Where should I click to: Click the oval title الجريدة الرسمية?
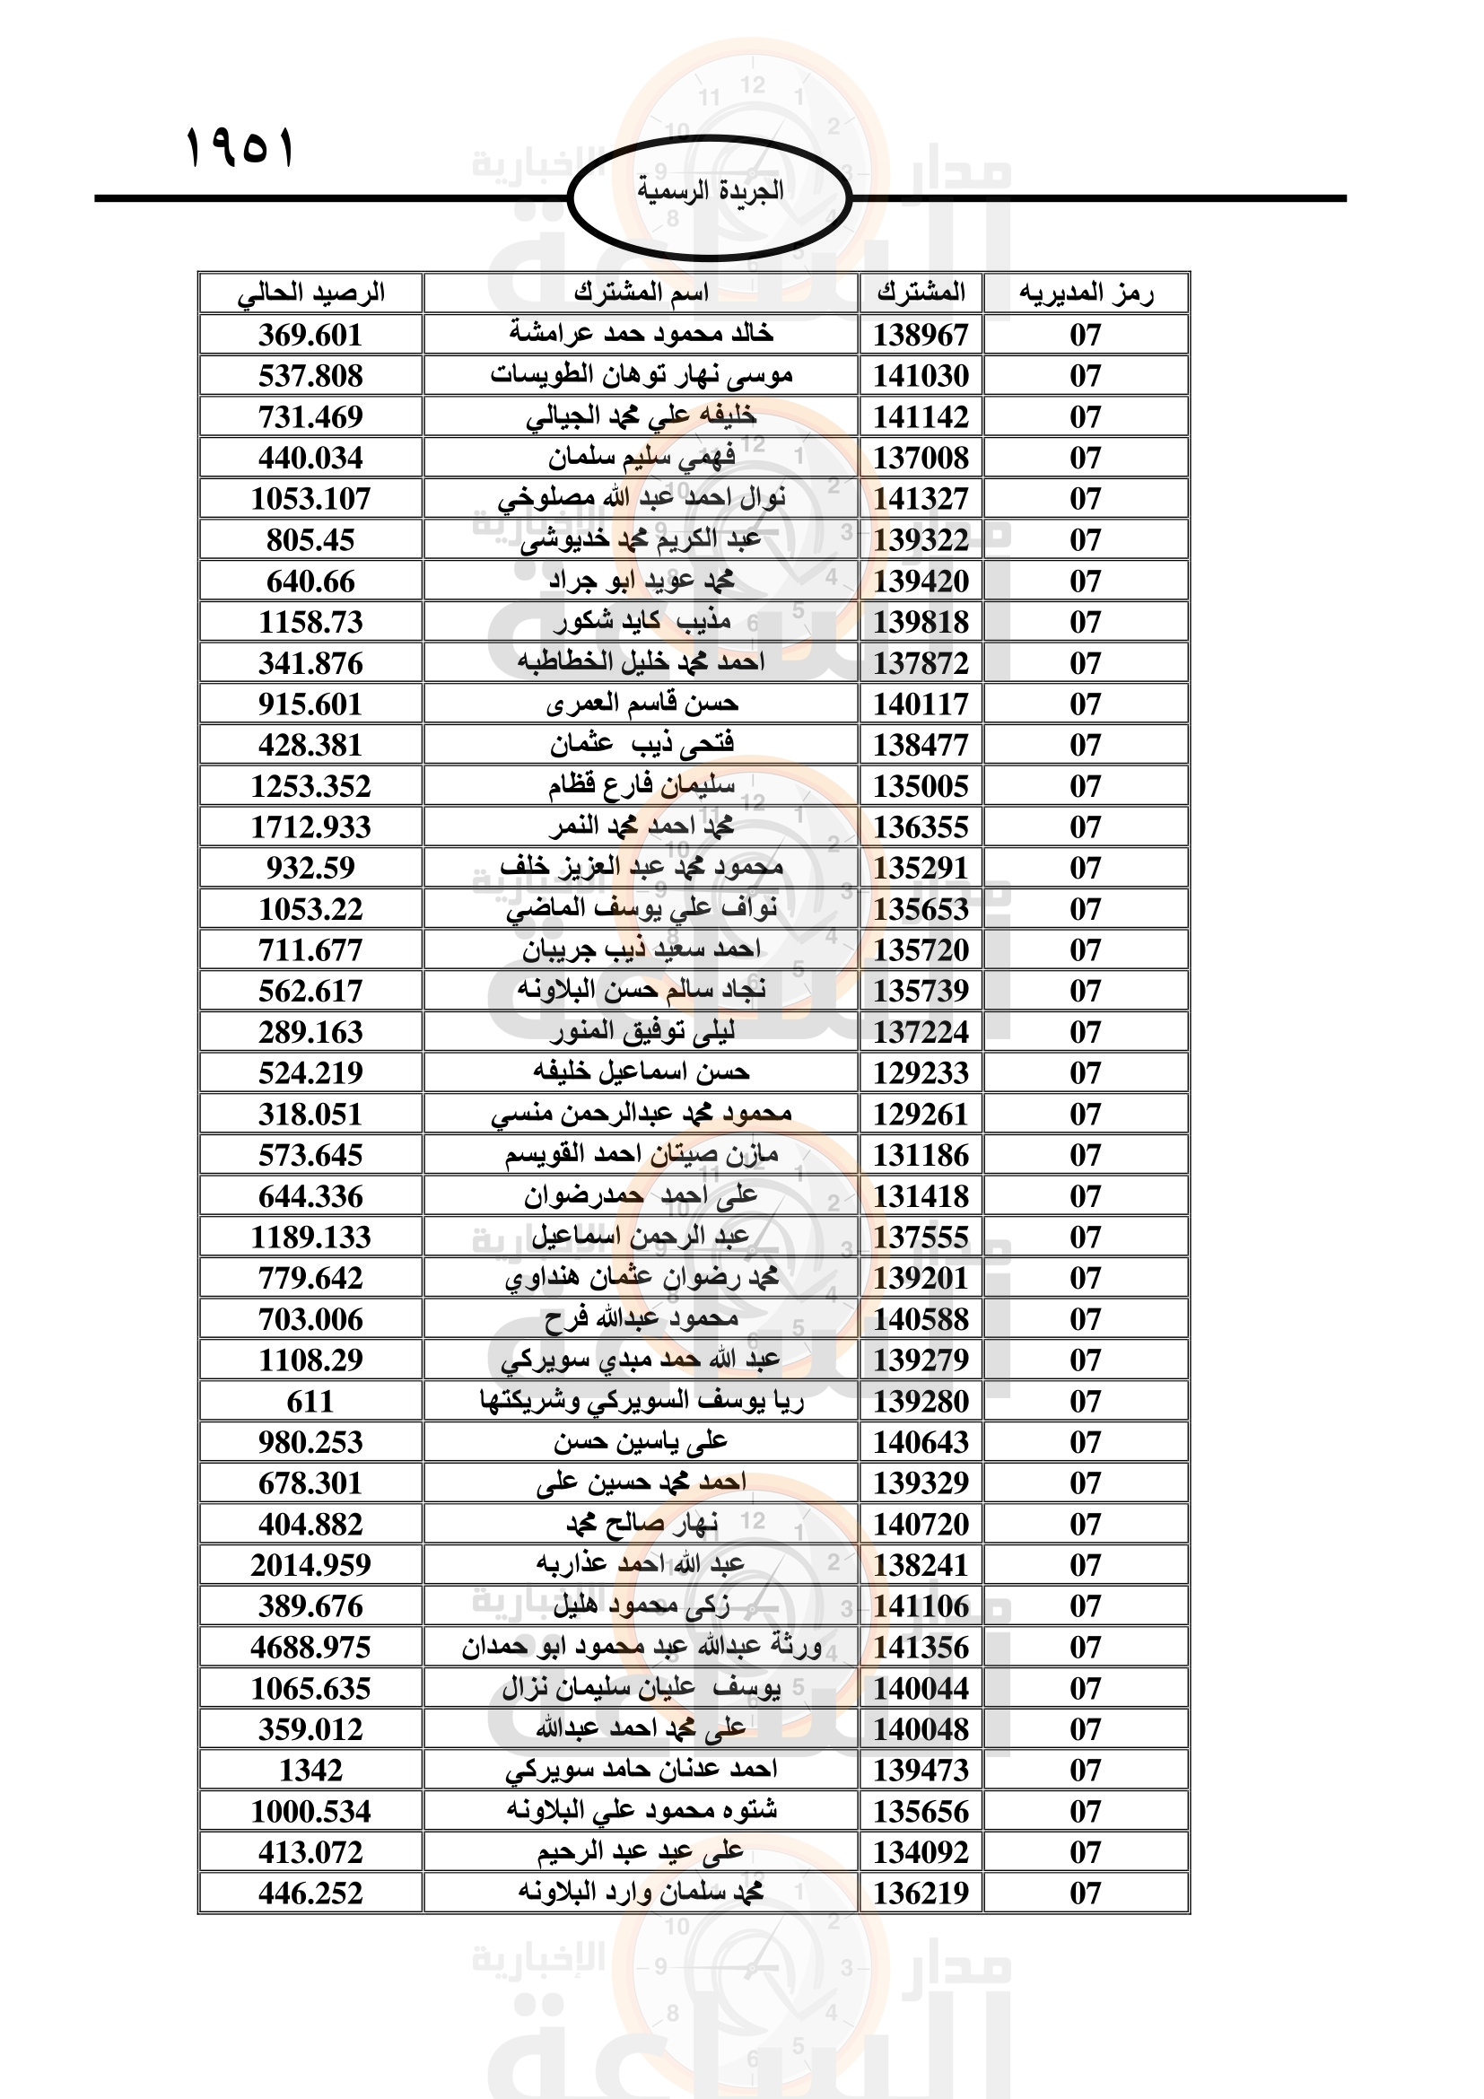[710, 192]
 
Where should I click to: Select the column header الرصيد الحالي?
[310, 293]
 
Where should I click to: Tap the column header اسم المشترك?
[641, 293]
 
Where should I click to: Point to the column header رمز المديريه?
[1086, 293]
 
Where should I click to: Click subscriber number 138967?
[921, 335]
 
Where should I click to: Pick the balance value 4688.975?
[310, 1648]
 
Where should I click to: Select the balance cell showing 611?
[310, 1402]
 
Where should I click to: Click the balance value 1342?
[310, 1771]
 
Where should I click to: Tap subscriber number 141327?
[921, 499]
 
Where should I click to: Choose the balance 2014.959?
[310, 1565]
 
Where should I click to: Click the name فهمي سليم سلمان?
[641, 457]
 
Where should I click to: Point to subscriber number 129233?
[921, 1072]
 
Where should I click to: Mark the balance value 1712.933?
[310, 827]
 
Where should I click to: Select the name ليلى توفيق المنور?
[641, 1032]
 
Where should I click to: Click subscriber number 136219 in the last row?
[921, 1893]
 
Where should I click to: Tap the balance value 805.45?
[310, 540]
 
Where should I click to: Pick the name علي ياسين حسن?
[641, 1442]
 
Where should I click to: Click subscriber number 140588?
[921, 1319]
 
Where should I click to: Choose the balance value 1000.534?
[310, 1812]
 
